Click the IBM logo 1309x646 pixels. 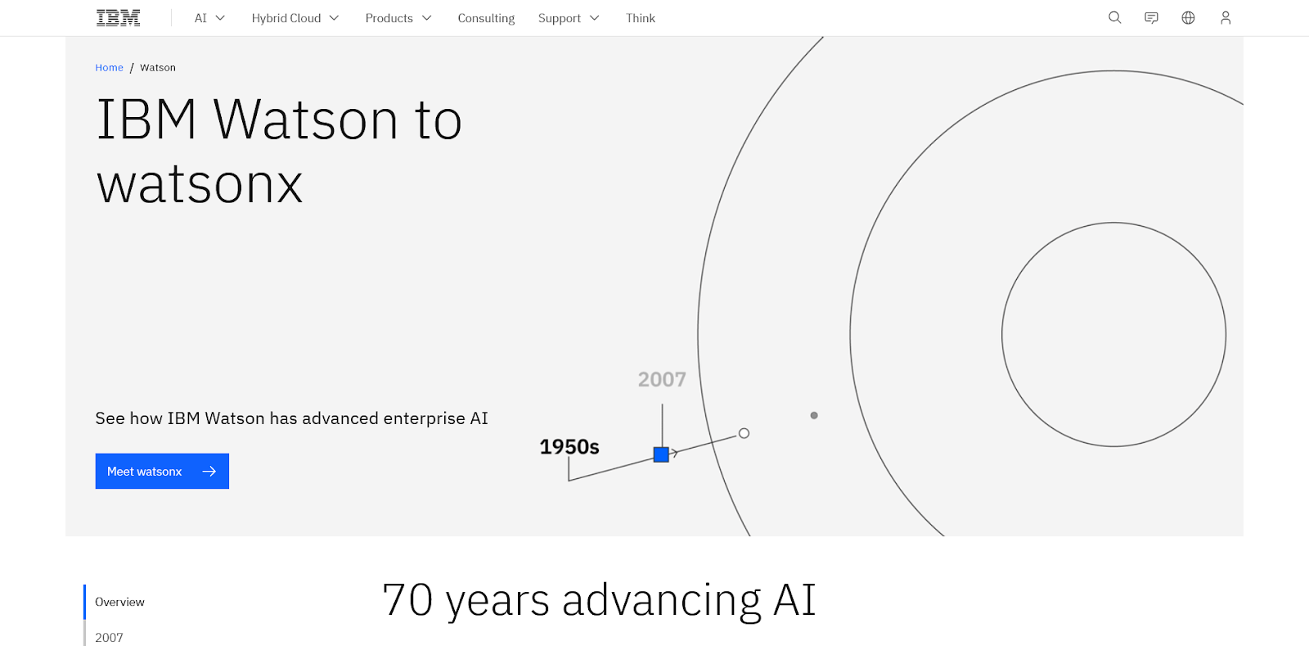pos(118,18)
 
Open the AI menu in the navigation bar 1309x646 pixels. pos(209,18)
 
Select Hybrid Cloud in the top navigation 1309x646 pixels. pos(295,18)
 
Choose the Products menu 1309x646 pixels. pos(398,18)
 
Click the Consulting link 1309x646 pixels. pos(486,18)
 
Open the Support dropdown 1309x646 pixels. pos(569,18)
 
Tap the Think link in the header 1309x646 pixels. pos(641,18)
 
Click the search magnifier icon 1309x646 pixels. pos(1115,18)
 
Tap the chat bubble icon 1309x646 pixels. pos(1151,18)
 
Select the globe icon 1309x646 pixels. pos(1188,18)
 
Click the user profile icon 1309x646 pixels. pos(1226,18)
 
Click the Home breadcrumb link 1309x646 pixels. pos(110,67)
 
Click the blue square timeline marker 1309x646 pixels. pos(661,454)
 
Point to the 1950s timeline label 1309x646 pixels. pos(569,447)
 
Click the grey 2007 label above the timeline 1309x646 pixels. pos(662,379)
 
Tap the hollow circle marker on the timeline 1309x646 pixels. pos(744,433)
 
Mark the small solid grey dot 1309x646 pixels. pos(814,416)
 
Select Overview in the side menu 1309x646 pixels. pos(119,602)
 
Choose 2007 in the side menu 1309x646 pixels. pos(110,637)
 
